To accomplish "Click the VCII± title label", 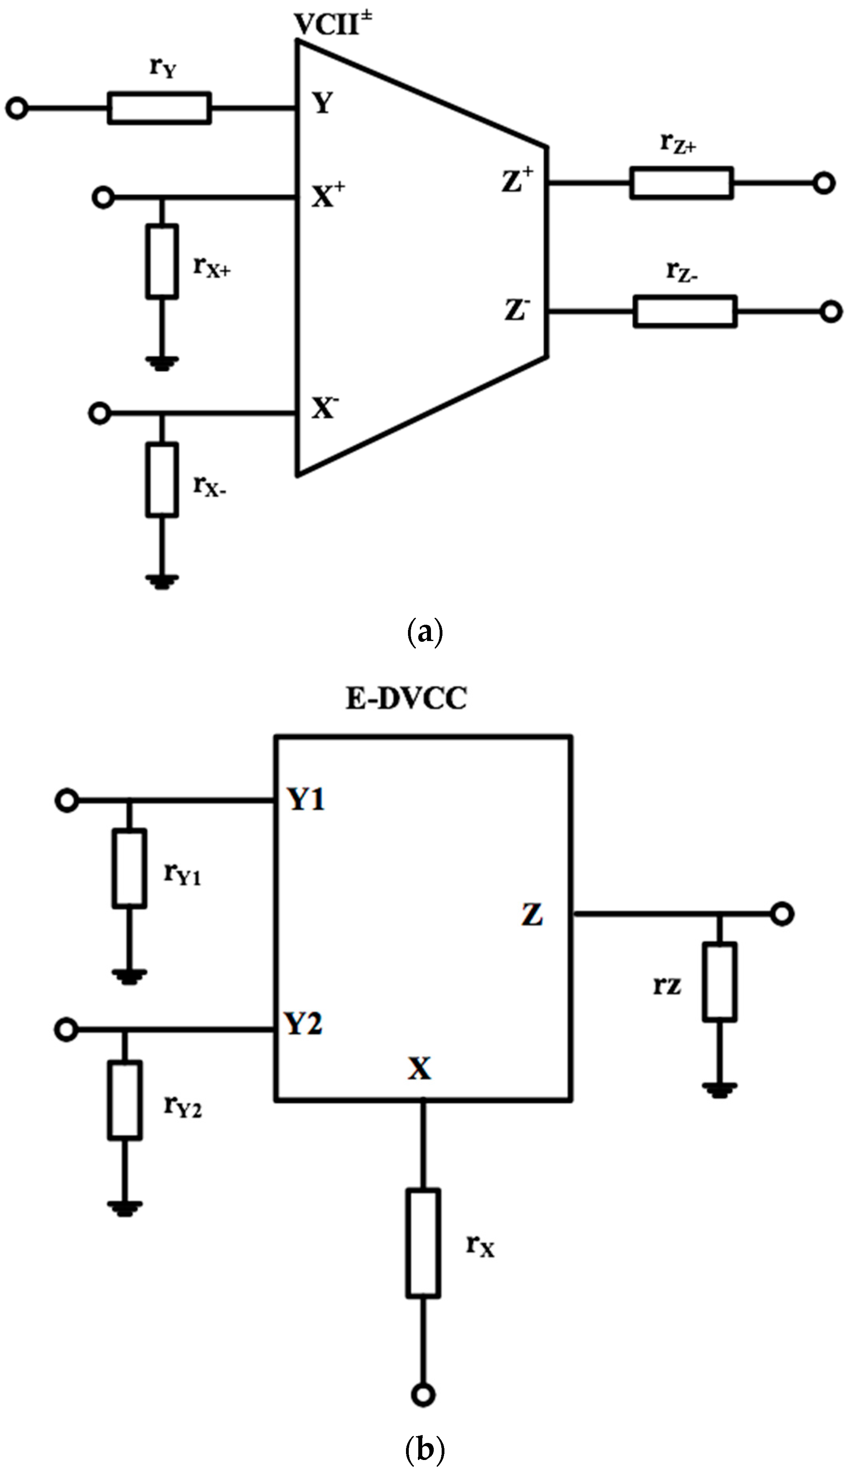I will [334, 25].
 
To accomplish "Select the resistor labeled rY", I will [159, 108].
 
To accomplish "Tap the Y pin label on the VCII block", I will [322, 105].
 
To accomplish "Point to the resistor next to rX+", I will [161, 262].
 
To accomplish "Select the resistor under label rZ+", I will [681, 183].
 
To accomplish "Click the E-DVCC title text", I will [406, 700].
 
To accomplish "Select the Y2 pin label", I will [303, 1024].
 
